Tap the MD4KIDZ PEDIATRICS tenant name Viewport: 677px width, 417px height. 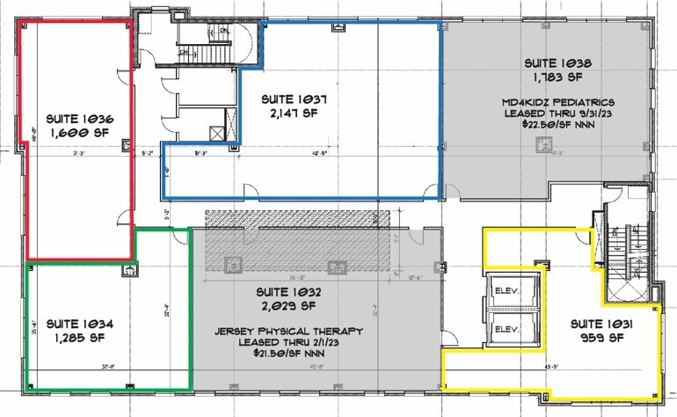[552, 101]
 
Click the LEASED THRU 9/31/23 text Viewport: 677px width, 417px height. [552, 113]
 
